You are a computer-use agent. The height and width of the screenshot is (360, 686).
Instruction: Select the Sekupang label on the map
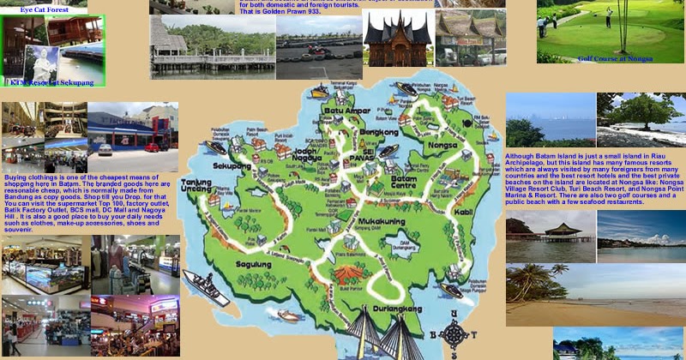(232, 165)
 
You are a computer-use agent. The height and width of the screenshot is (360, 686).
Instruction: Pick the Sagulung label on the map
(255, 265)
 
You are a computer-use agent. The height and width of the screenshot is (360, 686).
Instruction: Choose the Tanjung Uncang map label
(196, 186)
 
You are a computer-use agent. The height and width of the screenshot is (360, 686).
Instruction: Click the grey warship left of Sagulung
(206, 287)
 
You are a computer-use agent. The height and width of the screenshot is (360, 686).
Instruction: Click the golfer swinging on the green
(610, 16)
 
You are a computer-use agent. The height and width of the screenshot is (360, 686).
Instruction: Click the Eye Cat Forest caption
(45, 9)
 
